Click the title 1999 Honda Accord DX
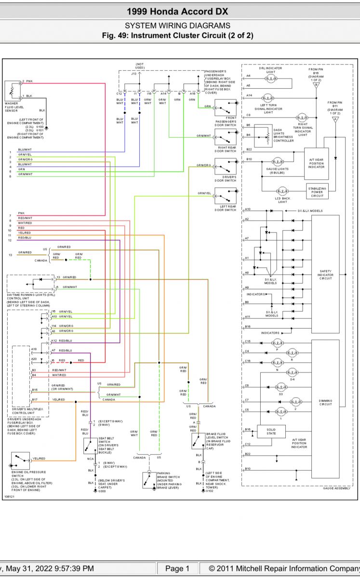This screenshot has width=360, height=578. (x=177, y=12)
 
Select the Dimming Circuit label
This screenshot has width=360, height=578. (x=325, y=402)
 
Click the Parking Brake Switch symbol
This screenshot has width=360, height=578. (x=149, y=480)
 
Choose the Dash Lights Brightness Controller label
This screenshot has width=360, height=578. (x=283, y=136)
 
